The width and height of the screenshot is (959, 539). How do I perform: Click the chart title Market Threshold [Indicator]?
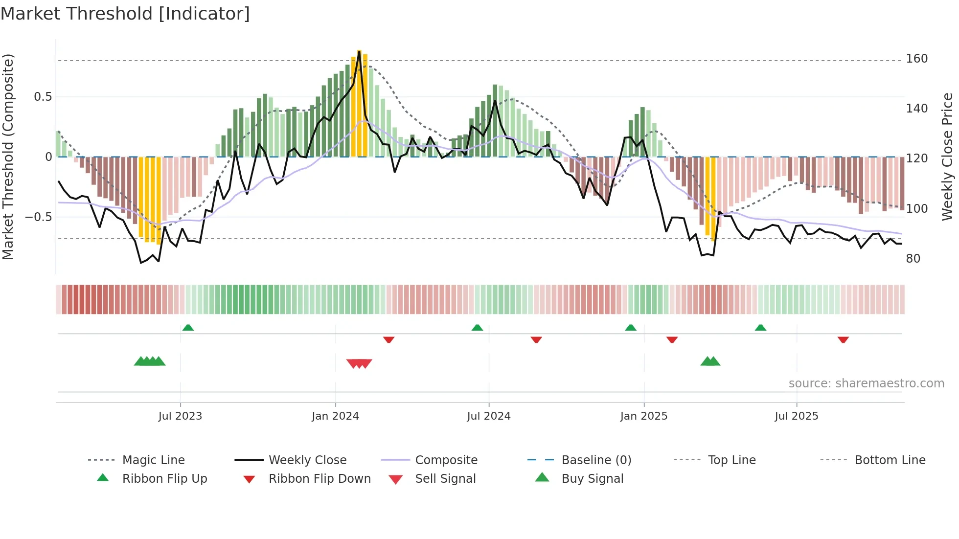coord(125,14)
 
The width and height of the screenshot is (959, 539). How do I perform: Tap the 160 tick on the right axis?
coord(916,59)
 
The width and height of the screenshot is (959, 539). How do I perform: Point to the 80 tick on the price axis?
coord(913,258)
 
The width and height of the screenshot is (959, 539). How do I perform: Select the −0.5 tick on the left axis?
coord(39,217)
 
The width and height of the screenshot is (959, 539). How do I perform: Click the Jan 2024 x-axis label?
coord(335,416)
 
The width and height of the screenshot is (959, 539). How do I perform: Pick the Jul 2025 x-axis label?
coord(796,416)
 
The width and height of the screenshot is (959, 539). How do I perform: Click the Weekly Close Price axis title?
coord(947,157)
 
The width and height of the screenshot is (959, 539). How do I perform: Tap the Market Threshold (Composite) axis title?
coord(8,157)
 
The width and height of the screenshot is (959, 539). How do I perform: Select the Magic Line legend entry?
coord(153,460)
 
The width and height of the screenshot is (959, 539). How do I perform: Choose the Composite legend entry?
coord(446,460)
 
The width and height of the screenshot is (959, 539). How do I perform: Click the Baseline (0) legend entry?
coord(596,460)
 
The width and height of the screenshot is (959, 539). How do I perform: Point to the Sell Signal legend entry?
coord(445,479)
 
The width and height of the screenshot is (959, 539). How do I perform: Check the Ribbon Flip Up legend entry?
coord(164,479)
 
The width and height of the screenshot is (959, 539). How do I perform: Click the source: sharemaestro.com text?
coord(866,383)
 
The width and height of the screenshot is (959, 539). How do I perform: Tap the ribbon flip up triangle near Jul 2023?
coord(188,328)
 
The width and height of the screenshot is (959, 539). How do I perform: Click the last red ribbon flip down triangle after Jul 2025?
coord(843,339)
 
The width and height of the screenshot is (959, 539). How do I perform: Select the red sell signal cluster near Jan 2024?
coord(359,363)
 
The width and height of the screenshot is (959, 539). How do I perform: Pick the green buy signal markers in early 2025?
coord(710,361)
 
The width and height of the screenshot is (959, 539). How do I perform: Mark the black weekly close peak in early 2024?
coord(360,51)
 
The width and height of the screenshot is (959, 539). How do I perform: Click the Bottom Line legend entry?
coord(890,460)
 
